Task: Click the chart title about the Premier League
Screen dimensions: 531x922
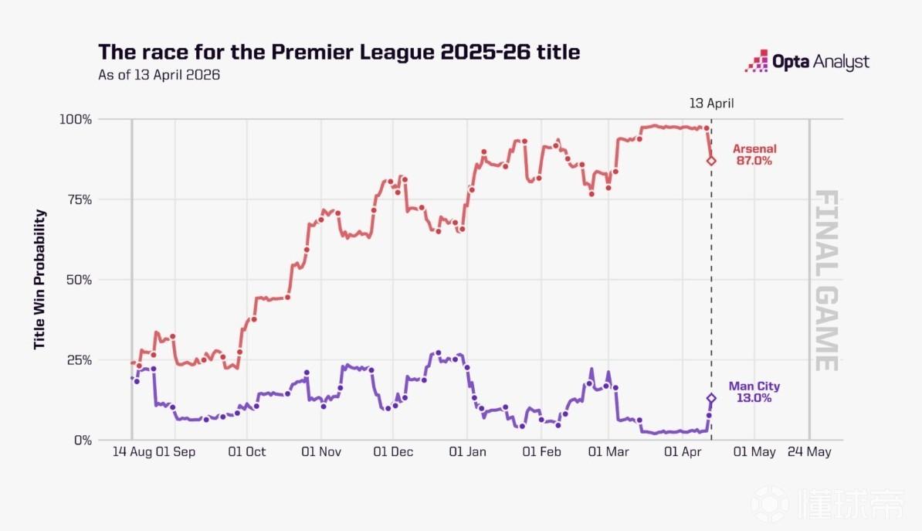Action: click(339, 53)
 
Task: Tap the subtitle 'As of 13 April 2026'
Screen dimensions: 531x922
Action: click(159, 76)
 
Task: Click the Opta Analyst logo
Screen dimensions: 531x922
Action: click(807, 62)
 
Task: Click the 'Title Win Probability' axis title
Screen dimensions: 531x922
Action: click(39, 280)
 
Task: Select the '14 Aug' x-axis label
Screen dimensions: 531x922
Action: click(130, 452)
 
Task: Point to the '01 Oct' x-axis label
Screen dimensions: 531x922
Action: click(247, 452)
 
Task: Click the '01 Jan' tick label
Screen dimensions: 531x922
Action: click(467, 452)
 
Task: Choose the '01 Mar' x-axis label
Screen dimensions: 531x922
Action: click(608, 452)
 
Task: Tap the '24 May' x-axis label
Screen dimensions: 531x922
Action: click(809, 452)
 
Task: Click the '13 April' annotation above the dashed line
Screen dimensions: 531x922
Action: click(711, 102)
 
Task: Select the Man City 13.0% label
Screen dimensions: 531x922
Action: click(754, 393)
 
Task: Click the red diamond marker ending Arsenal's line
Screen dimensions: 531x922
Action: click(711, 161)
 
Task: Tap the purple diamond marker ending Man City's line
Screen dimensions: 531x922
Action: click(711, 398)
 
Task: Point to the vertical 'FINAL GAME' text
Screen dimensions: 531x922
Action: click(826, 280)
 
